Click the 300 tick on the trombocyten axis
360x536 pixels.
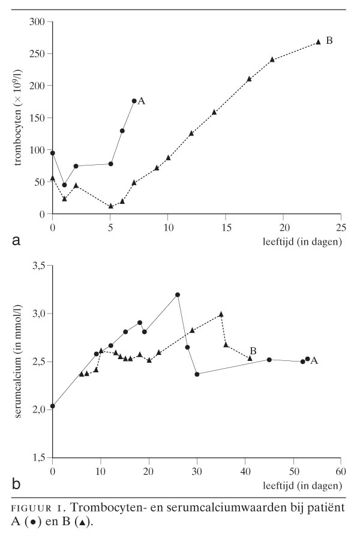click(x=38, y=22)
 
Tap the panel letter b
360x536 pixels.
click(x=17, y=484)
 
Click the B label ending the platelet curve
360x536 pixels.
click(x=329, y=41)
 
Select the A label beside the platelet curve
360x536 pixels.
click(x=142, y=101)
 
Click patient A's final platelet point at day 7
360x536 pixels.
click(x=134, y=101)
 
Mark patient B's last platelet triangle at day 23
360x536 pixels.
click(x=318, y=42)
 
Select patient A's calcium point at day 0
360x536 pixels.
click(x=53, y=406)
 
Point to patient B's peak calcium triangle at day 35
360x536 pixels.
click(x=221, y=314)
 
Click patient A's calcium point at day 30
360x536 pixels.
click(x=197, y=374)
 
